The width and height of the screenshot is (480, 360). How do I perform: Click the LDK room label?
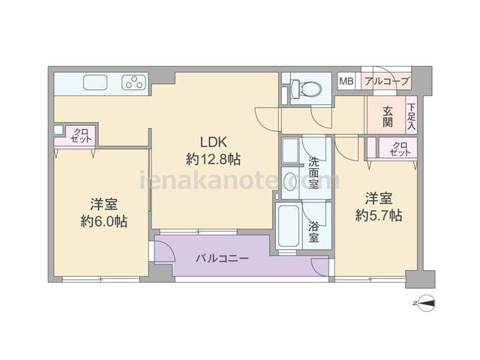pos(213,142)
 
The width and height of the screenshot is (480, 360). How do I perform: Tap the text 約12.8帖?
pos(213,160)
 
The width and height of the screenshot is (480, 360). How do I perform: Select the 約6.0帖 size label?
pos(104,221)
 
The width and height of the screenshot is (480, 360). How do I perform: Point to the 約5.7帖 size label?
pos(379,216)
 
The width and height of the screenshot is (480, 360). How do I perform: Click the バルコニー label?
pos(222,259)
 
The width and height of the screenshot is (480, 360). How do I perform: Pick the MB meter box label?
pos(346,82)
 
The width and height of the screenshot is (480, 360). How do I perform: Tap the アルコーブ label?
pos(387,82)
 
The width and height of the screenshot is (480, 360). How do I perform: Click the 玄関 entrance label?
pos(388,117)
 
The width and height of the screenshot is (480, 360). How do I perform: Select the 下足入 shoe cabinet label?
pos(412,117)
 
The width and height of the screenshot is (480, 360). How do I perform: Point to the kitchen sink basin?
pos(95,82)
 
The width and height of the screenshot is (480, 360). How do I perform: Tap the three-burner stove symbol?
pos(133,82)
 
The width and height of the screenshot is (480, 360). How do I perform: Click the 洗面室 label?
pos(313,172)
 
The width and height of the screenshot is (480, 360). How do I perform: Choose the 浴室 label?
pos(313,232)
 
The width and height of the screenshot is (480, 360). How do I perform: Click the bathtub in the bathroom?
pos(288,226)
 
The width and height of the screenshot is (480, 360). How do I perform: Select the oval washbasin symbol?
pos(290,181)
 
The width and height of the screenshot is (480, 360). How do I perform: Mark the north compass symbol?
pos(426,303)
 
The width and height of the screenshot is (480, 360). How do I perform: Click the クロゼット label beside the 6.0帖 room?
pos(81,135)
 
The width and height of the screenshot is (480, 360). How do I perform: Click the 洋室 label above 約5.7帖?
pos(379,198)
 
